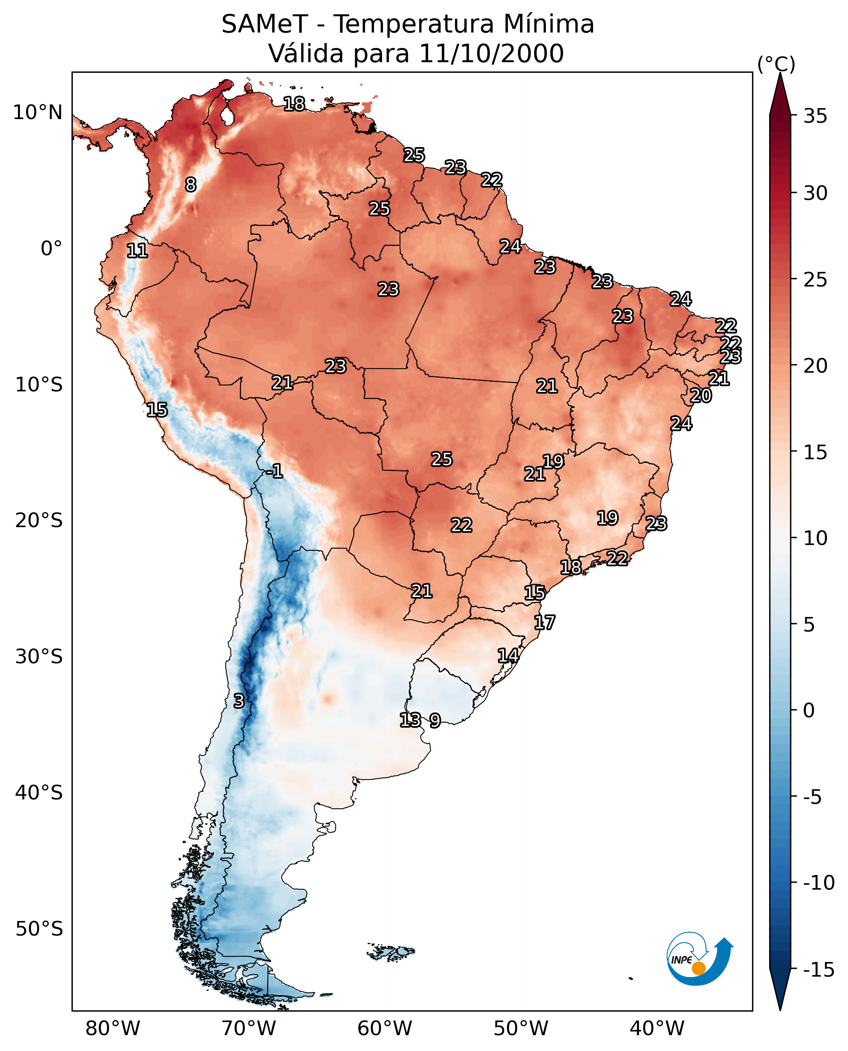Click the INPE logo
coord(699,959)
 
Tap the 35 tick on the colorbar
coord(815,116)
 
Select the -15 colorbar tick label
coord(818,969)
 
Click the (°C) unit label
coord(776,64)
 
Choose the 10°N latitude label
coord(38,113)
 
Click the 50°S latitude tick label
coord(39,928)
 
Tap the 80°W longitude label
coord(113,1028)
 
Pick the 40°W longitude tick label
coord(657,1028)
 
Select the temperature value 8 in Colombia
coord(191,185)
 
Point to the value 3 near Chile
coord(238,701)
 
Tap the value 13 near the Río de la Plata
coord(410,719)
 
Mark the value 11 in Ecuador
coord(137,251)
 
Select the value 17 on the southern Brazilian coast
coord(544,622)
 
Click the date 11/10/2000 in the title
coord(491,53)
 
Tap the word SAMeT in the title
coord(264,24)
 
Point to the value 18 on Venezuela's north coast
coord(294,104)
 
